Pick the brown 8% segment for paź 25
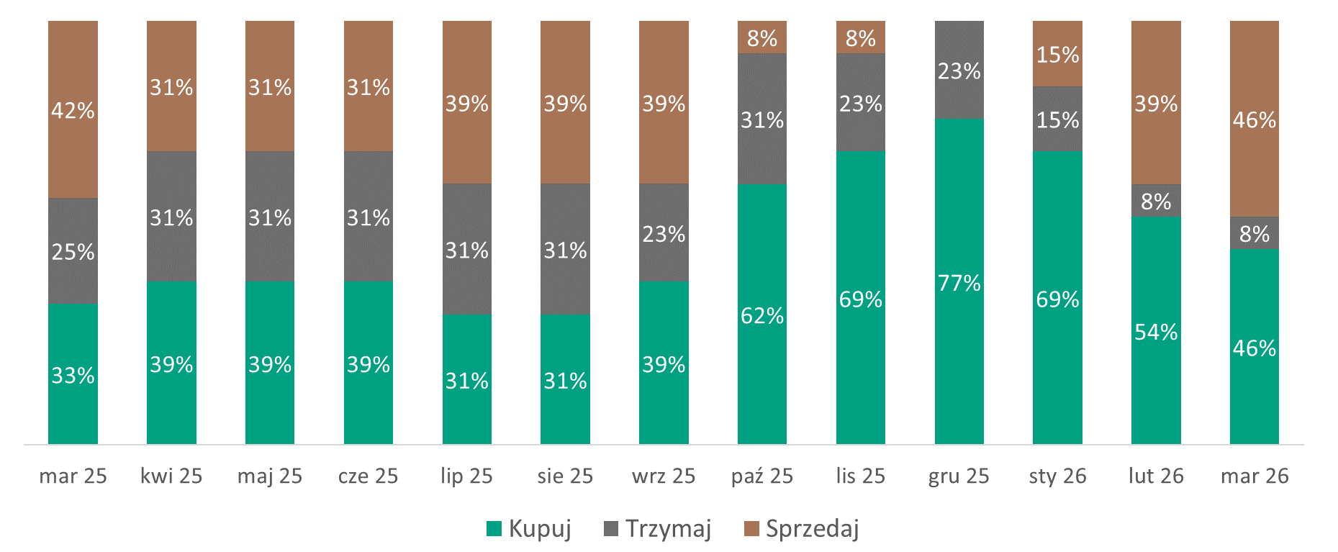tap(762, 37)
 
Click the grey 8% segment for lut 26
tap(1156, 201)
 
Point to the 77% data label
tap(959, 283)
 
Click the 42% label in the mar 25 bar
tap(73, 111)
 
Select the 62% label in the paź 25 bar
tap(762, 315)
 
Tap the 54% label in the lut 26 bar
tap(1156, 332)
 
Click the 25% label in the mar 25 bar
tap(73, 252)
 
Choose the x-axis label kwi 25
tap(171, 476)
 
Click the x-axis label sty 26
tap(1057, 476)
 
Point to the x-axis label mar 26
tap(1255, 476)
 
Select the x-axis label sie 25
tap(565, 476)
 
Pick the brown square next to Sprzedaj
tap(751, 529)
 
